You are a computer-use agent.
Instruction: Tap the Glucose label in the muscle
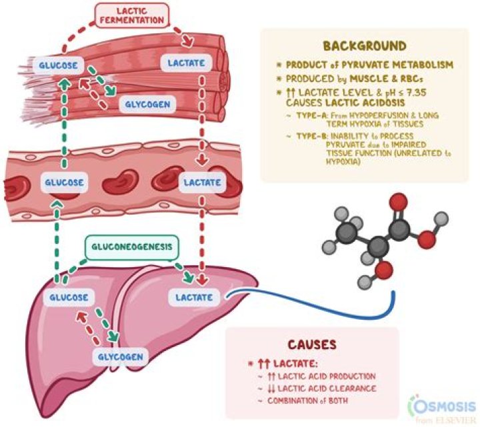[x=64, y=65]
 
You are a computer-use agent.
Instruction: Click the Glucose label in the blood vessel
[x=64, y=181]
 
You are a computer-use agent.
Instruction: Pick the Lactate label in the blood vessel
[x=198, y=182]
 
